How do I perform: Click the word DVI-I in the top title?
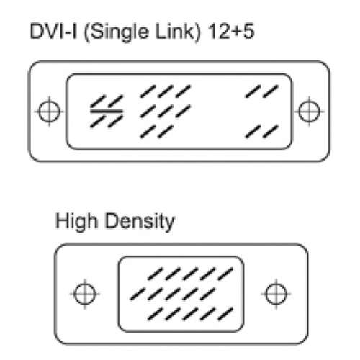click(x=53, y=32)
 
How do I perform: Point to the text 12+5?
click(x=231, y=32)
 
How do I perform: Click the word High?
click(x=76, y=222)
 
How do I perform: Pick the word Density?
click(x=140, y=222)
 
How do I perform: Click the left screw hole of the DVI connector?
click(x=49, y=112)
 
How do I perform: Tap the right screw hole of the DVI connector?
click(x=310, y=112)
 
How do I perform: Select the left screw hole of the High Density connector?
click(x=85, y=294)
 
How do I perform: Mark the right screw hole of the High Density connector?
click(x=276, y=294)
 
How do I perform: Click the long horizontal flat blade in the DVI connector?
click(x=107, y=112)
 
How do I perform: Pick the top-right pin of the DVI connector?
click(x=271, y=91)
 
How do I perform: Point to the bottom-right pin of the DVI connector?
click(x=271, y=132)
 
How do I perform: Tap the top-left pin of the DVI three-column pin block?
click(x=148, y=91)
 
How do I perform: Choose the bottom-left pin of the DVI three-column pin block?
click(x=148, y=132)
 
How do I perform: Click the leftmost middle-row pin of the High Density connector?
click(x=138, y=294)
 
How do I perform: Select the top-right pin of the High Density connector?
click(x=225, y=274)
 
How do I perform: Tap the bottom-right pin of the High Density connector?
click(x=225, y=314)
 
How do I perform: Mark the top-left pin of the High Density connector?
click(x=156, y=274)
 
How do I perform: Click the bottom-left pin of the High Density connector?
click(x=156, y=314)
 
